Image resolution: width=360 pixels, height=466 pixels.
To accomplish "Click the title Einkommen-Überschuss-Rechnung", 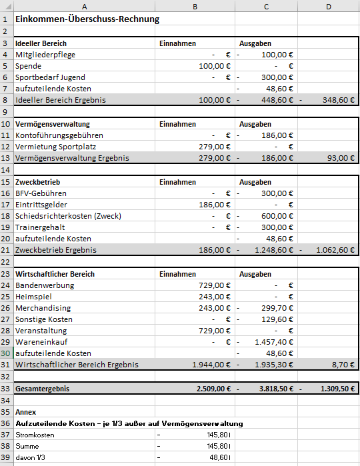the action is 87,19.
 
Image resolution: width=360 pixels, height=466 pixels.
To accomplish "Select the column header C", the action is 266,6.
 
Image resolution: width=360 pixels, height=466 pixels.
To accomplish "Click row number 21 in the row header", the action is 6,250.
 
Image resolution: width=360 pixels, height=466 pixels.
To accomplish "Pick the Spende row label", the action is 28,66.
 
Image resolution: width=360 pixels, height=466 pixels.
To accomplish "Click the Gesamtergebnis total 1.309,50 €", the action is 333,388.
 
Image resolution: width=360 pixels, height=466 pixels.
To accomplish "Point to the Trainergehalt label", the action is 39,227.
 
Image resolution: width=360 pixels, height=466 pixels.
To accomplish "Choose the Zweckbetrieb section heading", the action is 37,182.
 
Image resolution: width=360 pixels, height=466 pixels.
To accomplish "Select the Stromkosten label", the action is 37,435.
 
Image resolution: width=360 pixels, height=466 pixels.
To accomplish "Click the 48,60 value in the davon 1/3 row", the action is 217,457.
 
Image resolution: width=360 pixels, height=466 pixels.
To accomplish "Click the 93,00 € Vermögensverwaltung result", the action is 340,158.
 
